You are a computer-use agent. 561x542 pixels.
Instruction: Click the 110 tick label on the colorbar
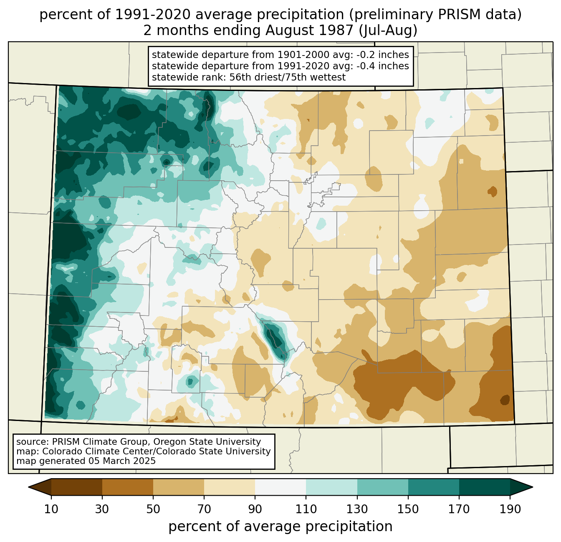[306, 509]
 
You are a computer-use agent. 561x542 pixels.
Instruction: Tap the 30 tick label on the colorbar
[102, 509]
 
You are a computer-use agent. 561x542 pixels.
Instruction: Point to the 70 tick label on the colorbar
[204, 509]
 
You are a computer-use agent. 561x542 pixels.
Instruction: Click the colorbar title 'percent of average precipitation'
[280, 527]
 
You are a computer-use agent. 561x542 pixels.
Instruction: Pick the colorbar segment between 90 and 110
[280, 487]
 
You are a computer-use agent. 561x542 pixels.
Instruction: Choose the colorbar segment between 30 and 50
[128, 487]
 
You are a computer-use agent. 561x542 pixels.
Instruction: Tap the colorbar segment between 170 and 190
[485, 487]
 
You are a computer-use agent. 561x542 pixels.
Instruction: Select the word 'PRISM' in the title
[436, 15]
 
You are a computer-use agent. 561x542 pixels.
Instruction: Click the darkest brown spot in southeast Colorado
[505, 400]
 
